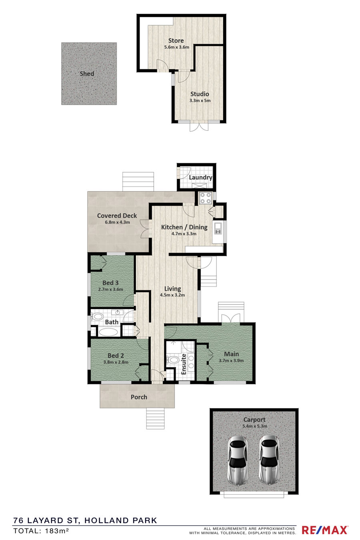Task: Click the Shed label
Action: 87,74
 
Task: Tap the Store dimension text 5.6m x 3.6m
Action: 176,47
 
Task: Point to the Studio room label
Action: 200,94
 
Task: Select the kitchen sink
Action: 218,228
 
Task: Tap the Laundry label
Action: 200,178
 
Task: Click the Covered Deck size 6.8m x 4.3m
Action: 118,222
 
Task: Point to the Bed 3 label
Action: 110,283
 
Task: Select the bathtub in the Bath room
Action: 108,332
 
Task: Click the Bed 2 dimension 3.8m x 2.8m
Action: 116,362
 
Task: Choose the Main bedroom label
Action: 232,354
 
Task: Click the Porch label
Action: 139,397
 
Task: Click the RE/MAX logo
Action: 325,530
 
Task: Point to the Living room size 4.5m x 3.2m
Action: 172,295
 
